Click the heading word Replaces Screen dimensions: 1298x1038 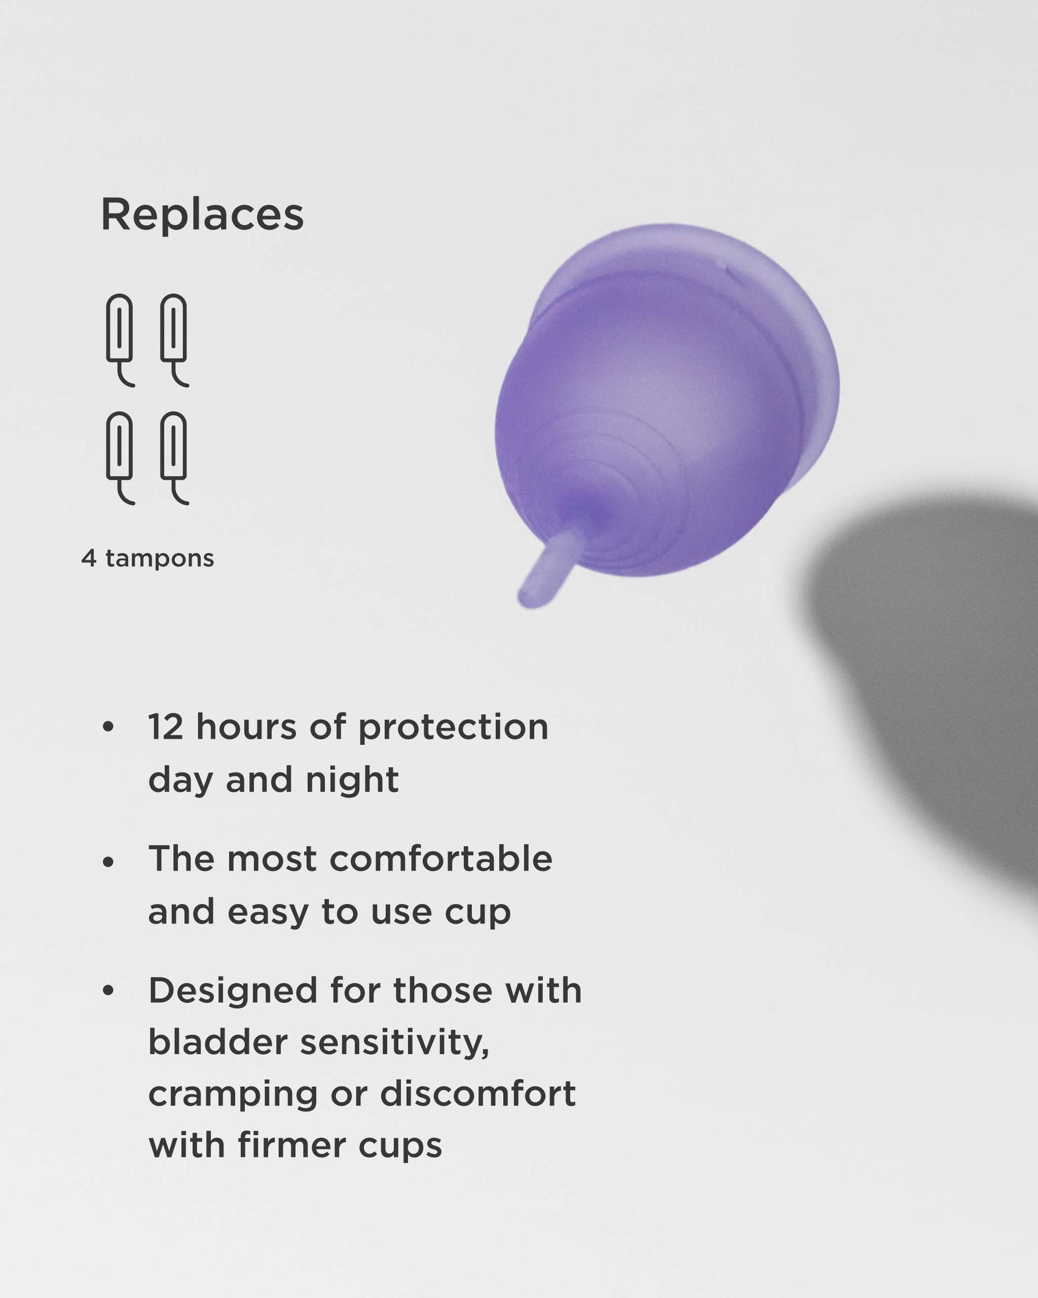tap(202, 215)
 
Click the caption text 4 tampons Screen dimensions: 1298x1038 tap(148, 558)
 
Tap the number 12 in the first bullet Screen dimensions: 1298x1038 tap(166, 727)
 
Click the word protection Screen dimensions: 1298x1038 tap(453, 728)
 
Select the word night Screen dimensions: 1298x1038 tap(352, 779)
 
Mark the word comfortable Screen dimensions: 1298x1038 tap(440, 859)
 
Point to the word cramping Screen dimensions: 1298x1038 tap(233, 1096)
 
